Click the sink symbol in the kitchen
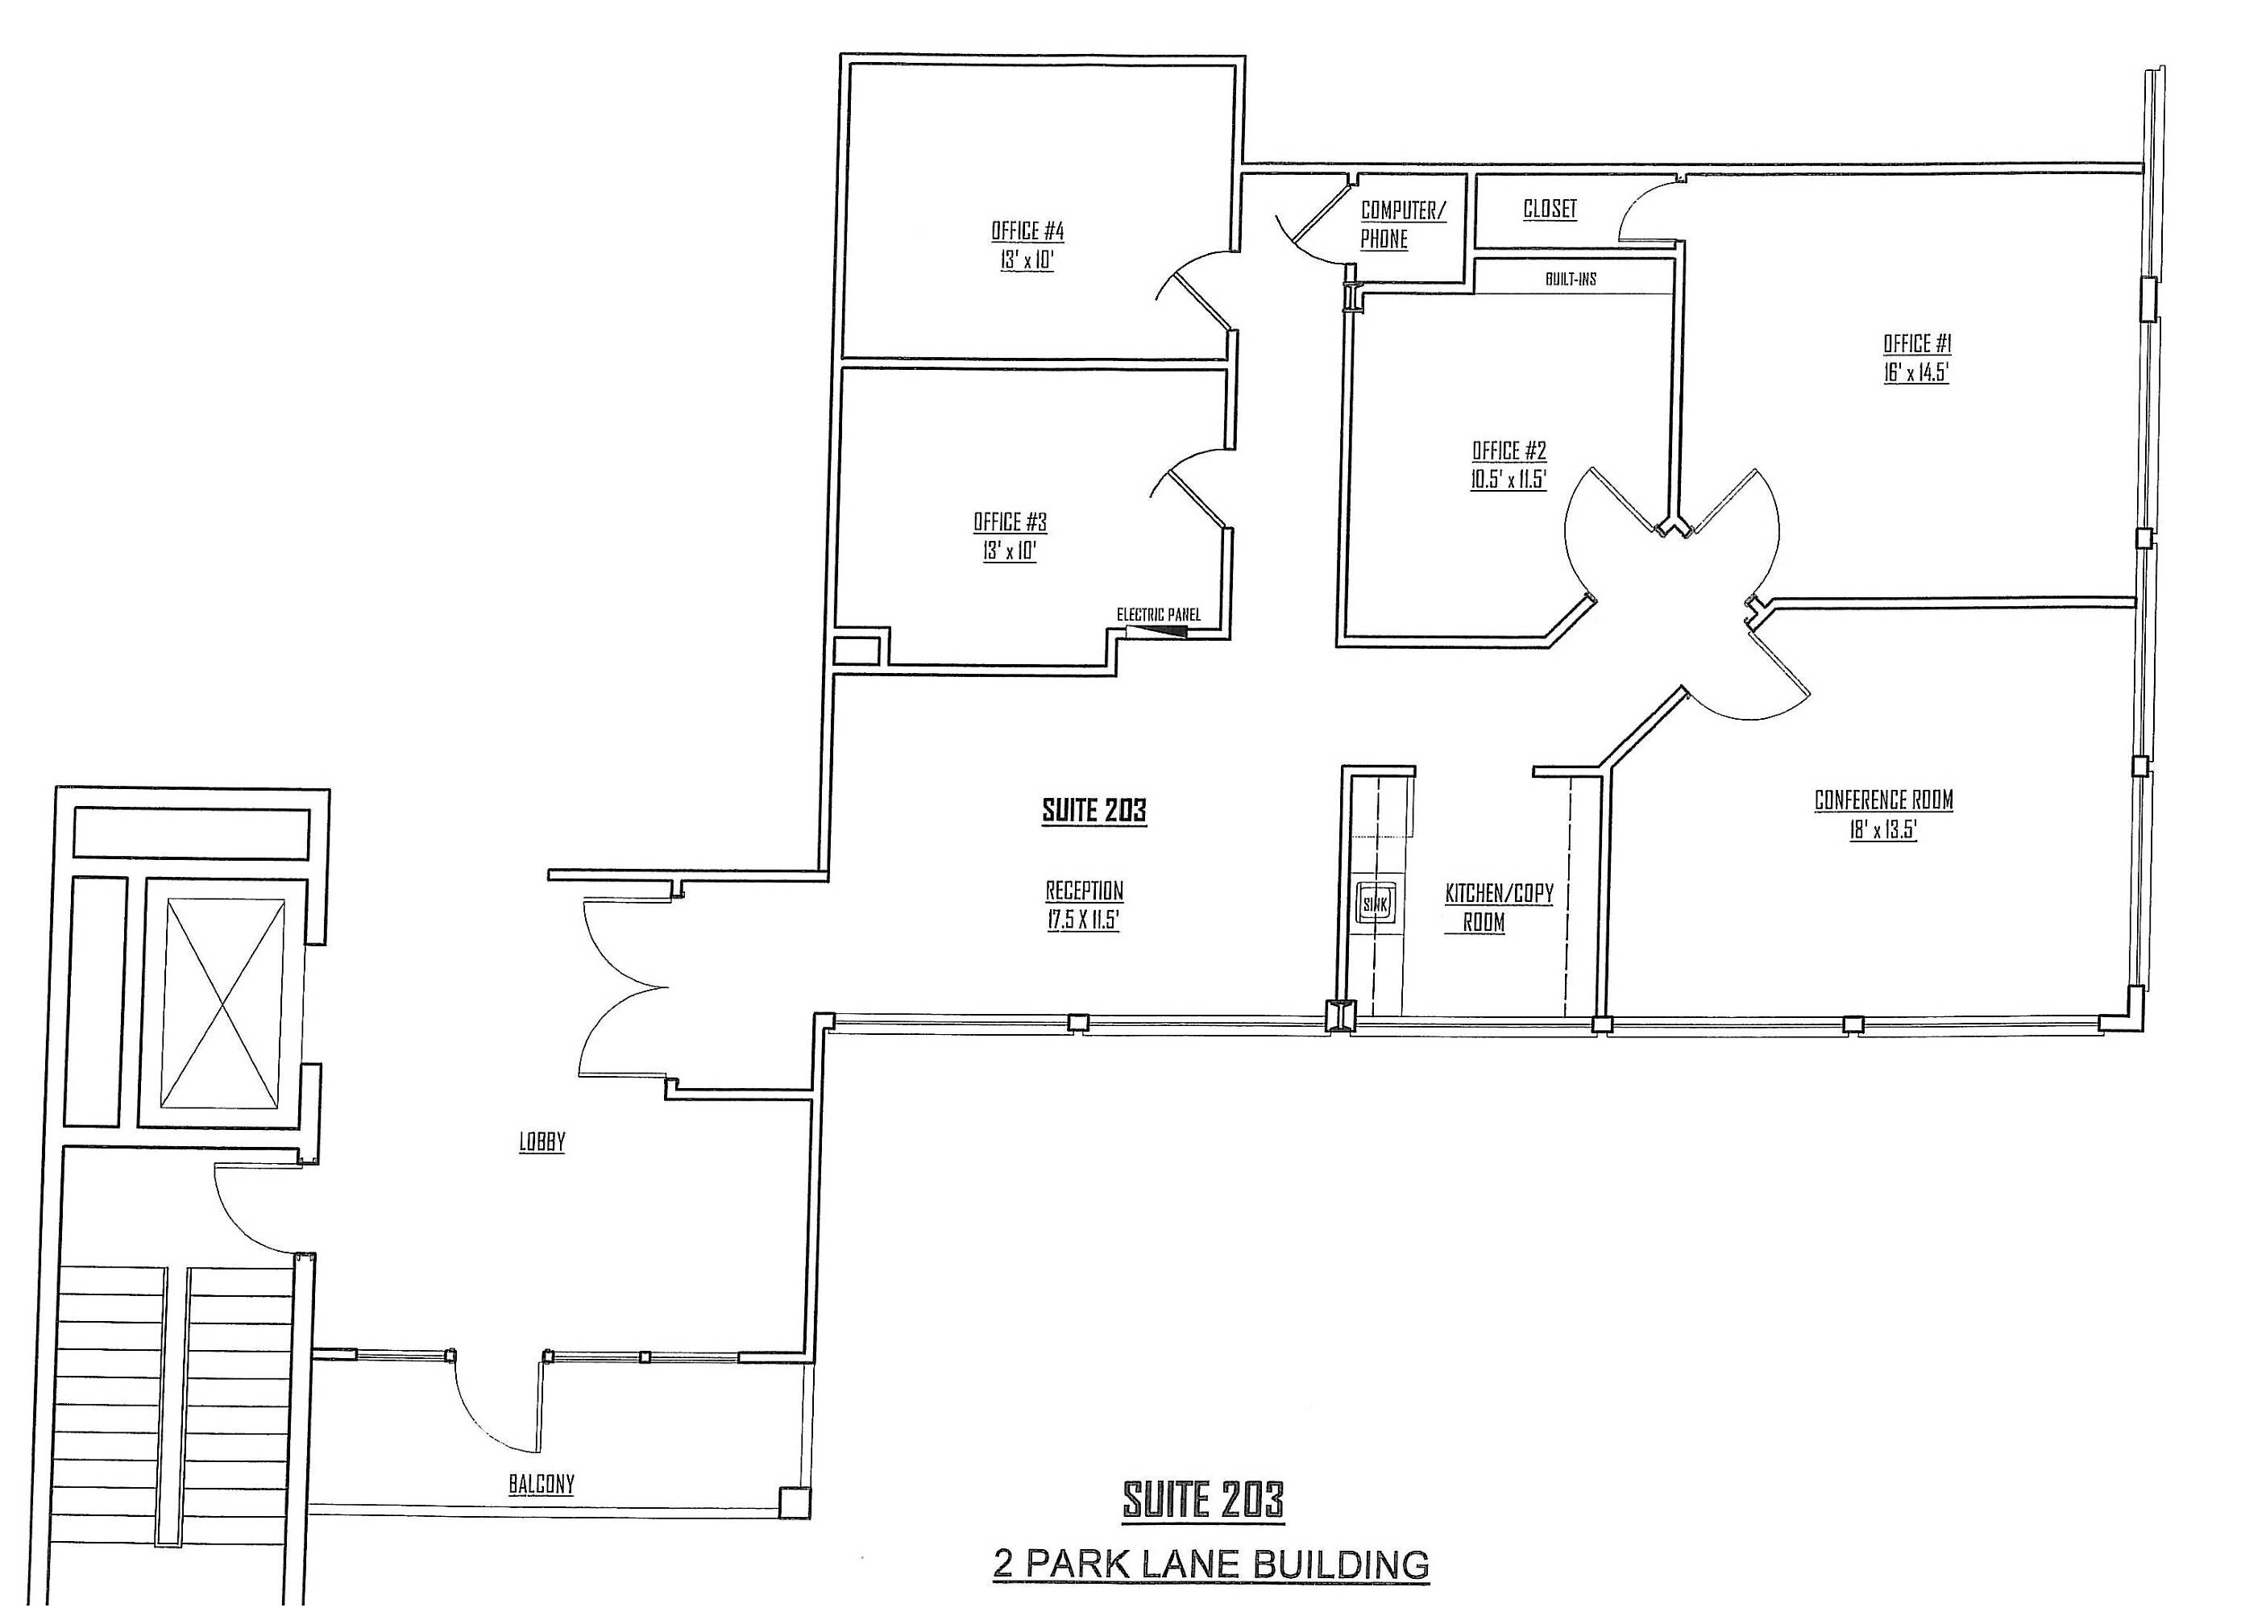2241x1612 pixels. [1376, 903]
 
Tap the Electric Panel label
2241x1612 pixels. [1158, 615]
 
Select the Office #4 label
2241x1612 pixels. [1027, 231]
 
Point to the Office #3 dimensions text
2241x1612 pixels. [1009, 551]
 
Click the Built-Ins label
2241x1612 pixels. [1570, 280]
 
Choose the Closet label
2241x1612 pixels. [1550, 209]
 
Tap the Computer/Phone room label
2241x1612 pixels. [1402, 224]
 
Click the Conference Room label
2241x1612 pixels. [1883, 800]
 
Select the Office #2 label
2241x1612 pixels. [1509, 451]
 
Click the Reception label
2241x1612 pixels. [1084, 891]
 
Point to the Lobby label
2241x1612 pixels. [542, 1141]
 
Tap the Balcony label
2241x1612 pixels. [542, 1484]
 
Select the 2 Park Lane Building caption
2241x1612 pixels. [1210, 1564]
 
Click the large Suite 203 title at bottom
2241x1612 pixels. [1202, 1500]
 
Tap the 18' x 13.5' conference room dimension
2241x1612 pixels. [1883, 830]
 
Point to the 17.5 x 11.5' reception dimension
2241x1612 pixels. [1083, 920]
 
